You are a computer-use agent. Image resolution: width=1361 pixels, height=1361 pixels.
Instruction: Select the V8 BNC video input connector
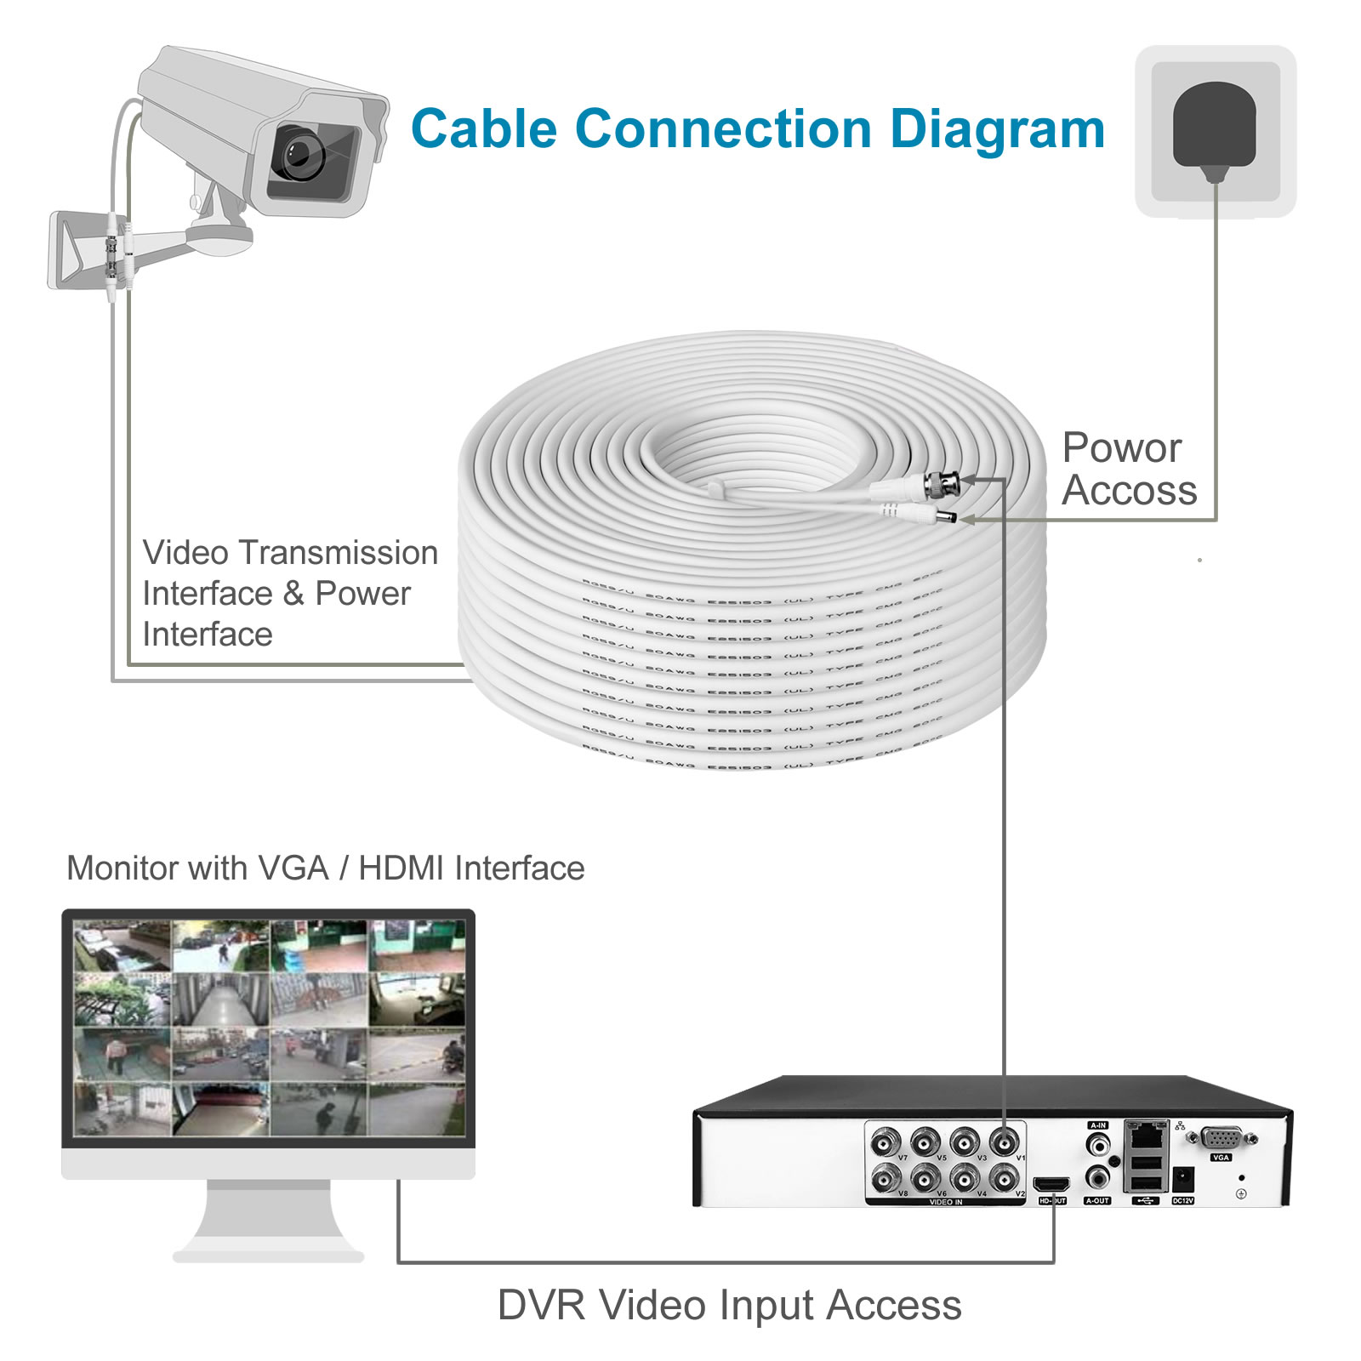pos(886,1178)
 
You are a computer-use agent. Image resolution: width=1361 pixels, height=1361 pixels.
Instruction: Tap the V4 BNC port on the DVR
pos(964,1178)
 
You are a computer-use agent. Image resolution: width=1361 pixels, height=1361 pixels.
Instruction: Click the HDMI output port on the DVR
pos(1051,1184)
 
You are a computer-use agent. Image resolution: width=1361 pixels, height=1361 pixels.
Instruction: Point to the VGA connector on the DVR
pos(1222,1138)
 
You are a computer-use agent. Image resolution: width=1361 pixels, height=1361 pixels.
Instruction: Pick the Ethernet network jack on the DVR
pos(1146,1135)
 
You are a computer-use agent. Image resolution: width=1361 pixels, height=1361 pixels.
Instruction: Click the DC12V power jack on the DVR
pos(1182,1180)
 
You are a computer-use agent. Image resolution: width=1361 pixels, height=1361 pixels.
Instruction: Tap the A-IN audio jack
pos(1098,1144)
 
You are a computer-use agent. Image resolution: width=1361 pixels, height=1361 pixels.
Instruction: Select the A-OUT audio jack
pos(1098,1179)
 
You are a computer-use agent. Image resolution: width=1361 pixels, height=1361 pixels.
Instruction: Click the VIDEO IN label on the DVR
pos(946,1202)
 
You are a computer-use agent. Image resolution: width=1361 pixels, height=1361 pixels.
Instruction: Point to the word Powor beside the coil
pos(1121,447)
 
